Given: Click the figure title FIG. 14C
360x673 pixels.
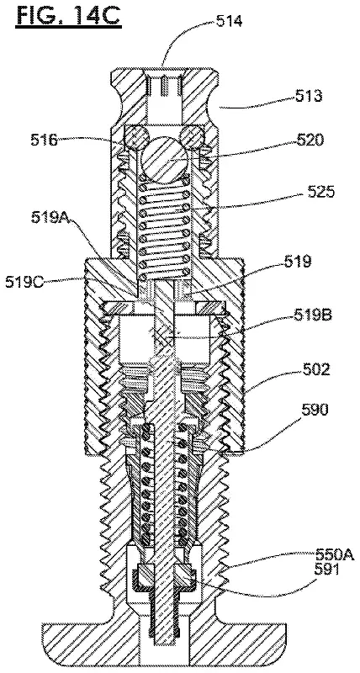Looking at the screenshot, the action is [x=69, y=17].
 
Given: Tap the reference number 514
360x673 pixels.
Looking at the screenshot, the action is [x=229, y=20].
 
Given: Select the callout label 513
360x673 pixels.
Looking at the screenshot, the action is [x=309, y=97].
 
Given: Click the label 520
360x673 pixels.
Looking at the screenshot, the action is [x=310, y=140].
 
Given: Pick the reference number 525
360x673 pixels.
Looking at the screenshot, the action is [x=320, y=193].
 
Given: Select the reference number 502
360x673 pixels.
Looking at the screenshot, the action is [x=315, y=369].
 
